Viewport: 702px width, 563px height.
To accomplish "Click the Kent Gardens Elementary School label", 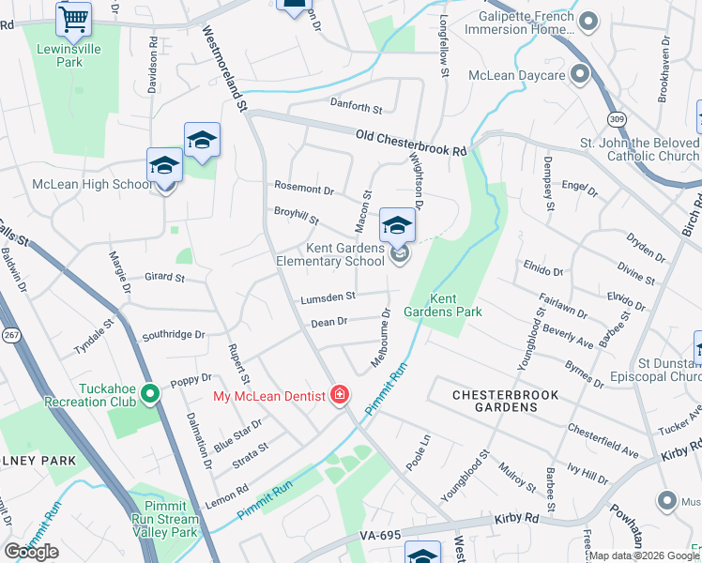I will point(330,254).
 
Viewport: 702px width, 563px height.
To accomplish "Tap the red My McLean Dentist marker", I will point(339,395).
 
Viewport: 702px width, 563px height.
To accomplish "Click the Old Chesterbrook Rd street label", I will point(411,144).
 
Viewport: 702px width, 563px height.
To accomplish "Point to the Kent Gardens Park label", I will point(430,305).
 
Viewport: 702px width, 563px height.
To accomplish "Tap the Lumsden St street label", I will point(328,297).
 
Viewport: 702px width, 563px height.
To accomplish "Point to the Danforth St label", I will point(356,108).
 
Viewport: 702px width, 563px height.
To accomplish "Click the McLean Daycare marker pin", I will point(580,74).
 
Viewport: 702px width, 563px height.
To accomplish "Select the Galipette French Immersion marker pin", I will point(588,21).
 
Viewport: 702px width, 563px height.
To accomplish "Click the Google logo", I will point(31,552).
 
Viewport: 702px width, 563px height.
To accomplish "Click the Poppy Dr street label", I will point(191,383).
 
